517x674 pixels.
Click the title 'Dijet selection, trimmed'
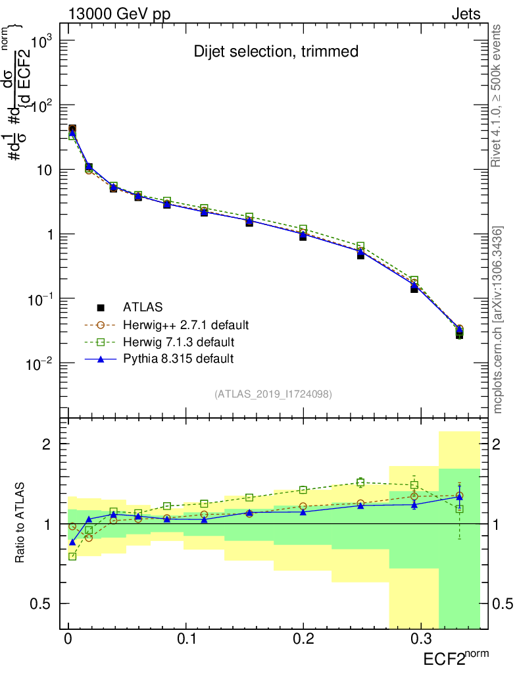276,51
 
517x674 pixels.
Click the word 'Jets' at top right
465,14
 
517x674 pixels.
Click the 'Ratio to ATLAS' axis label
21,524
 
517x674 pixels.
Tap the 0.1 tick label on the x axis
187,639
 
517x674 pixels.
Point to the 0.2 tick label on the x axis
303,639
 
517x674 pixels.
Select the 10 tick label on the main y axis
41,170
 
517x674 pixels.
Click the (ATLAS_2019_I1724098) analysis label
273,394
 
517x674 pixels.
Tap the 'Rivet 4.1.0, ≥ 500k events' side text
498,95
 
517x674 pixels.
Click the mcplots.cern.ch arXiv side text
498,320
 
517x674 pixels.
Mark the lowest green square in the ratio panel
72,556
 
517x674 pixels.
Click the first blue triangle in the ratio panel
72,542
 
